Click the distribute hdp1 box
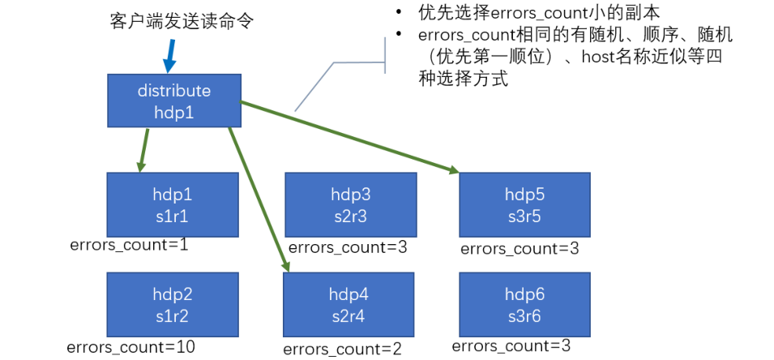click(x=174, y=101)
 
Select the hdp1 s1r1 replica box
click(x=173, y=204)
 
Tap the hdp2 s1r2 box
click(x=173, y=304)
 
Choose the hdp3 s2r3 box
click(x=350, y=204)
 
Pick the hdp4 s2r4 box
click(x=348, y=304)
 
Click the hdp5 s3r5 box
click(x=524, y=204)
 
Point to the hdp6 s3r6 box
click(x=524, y=304)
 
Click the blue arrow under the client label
click(x=170, y=56)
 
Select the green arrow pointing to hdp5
click(x=349, y=137)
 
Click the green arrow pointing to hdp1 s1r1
click(x=143, y=150)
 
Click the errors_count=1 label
click(x=130, y=245)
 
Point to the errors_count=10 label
click(x=131, y=347)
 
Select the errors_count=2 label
click(x=343, y=349)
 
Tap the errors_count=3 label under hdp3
click(x=348, y=247)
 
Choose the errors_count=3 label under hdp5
click(x=520, y=249)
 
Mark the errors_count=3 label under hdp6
click(x=511, y=346)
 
